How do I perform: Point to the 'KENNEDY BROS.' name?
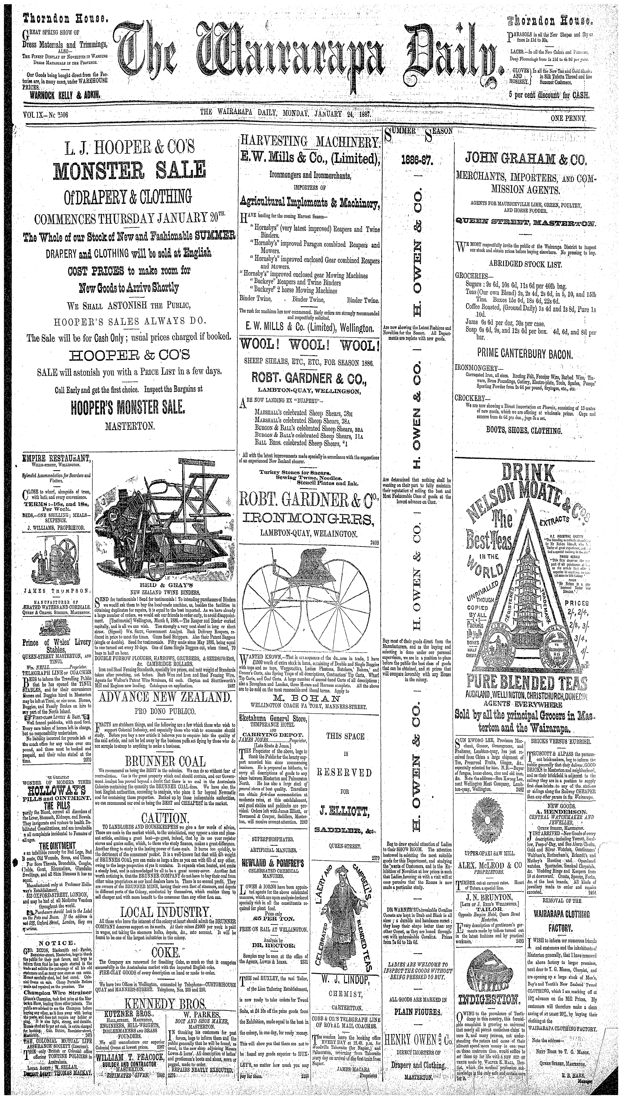click(165, 1024)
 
